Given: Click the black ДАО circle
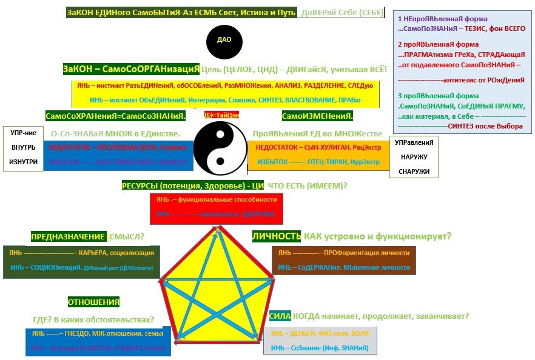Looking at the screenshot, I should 224,42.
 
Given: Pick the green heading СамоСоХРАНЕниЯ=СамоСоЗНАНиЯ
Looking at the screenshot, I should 115,115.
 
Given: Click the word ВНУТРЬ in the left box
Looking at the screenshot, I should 24,147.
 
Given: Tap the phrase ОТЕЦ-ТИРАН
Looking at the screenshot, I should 328,162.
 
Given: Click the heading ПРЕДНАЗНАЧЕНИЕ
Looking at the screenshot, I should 69,236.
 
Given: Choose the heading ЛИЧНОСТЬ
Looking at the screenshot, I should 277,236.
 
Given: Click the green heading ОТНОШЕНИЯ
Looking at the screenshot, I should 93,302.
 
